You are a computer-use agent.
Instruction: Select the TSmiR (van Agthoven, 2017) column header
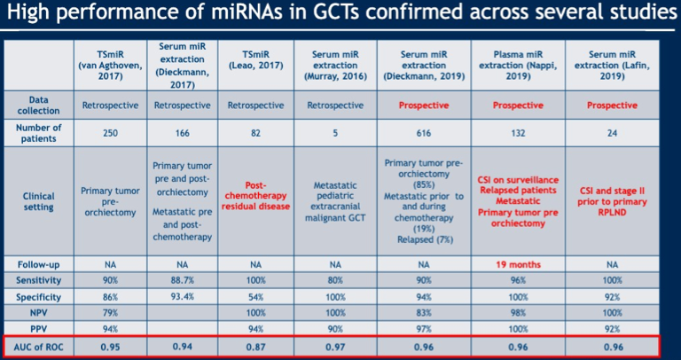click(x=110, y=66)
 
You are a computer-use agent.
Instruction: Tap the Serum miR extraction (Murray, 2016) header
click(x=335, y=66)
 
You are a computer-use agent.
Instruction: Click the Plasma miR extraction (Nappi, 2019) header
click(x=518, y=66)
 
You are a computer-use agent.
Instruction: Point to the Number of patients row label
click(x=39, y=133)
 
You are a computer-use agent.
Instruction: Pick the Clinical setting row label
click(x=39, y=201)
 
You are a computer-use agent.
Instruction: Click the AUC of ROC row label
click(x=39, y=346)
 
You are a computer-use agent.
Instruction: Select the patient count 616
click(x=424, y=133)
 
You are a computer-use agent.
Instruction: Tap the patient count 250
click(x=110, y=133)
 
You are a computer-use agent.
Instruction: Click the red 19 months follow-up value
click(x=518, y=264)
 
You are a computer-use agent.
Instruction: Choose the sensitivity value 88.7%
click(x=182, y=280)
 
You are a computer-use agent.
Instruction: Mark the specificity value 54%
click(x=255, y=297)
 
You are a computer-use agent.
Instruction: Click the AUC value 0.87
click(x=255, y=347)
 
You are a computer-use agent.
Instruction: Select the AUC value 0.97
click(x=335, y=347)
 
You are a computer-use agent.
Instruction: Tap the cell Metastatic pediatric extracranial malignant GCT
click(x=335, y=201)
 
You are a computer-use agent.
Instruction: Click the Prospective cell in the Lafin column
click(x=612, y=106)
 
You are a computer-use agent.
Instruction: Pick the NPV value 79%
click(x=110, y=313)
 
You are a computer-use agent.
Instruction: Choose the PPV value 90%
click(x=335, y=329)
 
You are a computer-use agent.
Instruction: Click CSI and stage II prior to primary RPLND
click(x=612, y=201)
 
